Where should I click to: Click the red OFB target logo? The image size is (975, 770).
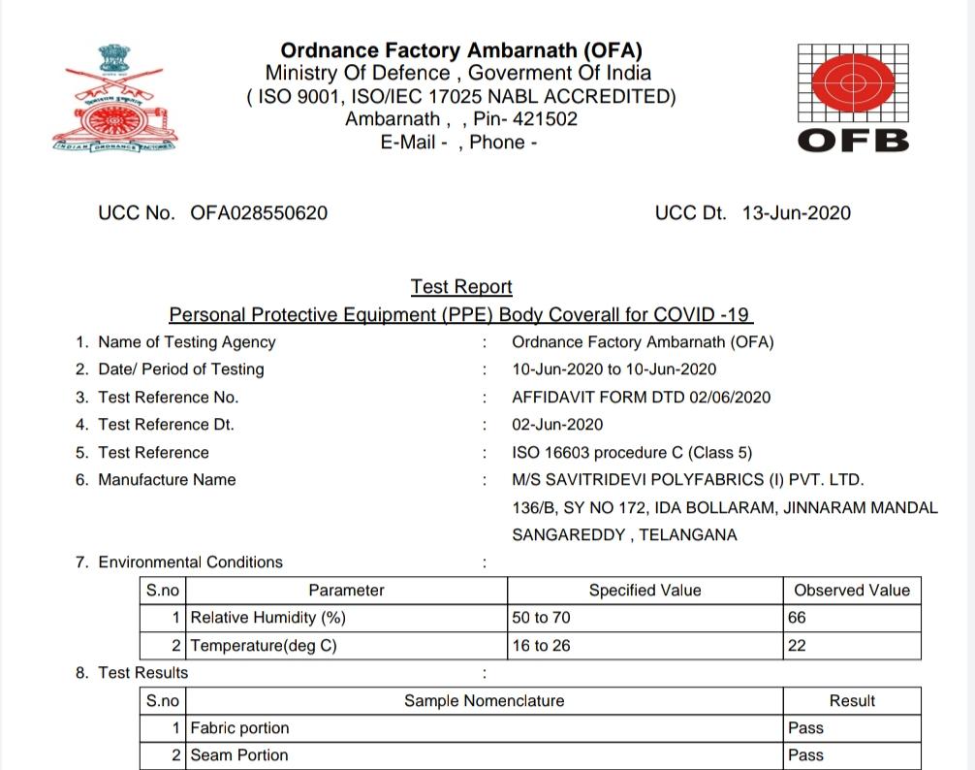pos(853,85)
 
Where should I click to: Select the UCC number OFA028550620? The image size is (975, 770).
pos(259,213)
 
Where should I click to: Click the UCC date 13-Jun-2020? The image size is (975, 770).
pos(797,213)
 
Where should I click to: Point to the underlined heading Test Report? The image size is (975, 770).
pos(461,287)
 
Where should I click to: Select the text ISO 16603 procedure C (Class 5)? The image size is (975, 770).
pos(632,452)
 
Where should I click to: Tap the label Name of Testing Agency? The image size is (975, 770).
pos(187,342)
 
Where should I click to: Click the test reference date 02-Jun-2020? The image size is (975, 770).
pos(557,425)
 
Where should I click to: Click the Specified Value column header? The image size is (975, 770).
pos(645,590)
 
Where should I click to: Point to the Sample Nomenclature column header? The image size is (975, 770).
pos(484,700)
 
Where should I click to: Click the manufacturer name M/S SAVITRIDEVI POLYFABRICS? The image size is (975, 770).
pos(687,480)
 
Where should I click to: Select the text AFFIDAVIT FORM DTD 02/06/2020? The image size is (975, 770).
pos(642,397)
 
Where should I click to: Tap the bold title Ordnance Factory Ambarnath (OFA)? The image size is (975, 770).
pos(461,50)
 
